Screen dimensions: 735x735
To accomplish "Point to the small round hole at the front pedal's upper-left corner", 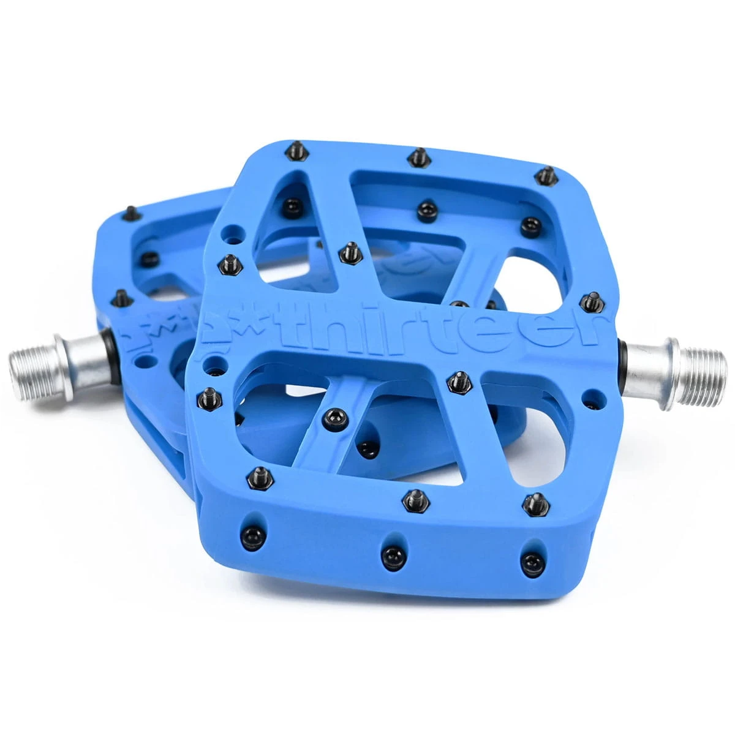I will [x=230, y=233].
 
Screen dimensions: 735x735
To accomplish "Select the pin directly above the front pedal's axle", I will [x=590, y=301].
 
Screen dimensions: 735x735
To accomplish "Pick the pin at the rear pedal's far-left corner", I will [x=130, y=213].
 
